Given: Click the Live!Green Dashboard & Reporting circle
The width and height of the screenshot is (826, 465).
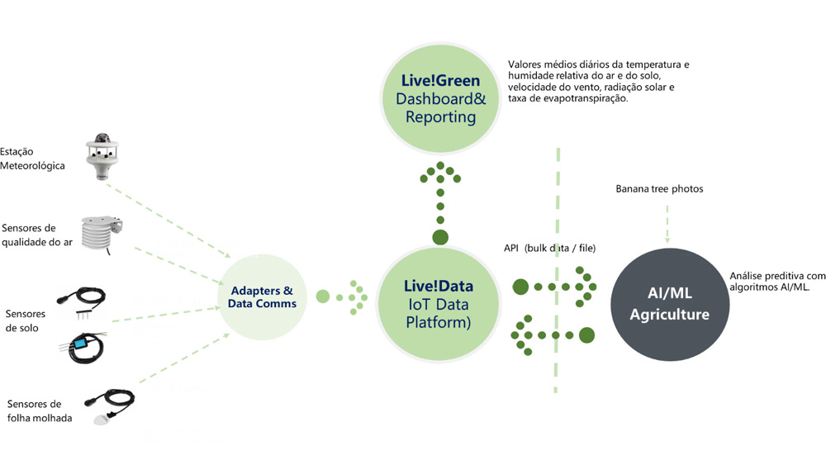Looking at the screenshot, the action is click(x=440, y=98).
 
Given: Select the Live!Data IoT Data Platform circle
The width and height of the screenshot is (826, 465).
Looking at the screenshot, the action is click(x=439, y=304).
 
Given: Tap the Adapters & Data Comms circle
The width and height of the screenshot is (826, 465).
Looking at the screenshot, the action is click(x=262, y=297).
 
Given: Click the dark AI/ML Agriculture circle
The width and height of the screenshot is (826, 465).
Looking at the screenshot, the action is click(x=670, y=305).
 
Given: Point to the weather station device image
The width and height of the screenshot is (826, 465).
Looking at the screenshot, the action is click(x=102, y=156).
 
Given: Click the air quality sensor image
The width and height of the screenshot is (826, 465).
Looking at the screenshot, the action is click(x=101, y=235).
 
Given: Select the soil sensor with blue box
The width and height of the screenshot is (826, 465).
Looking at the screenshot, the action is click(x=82, y=347).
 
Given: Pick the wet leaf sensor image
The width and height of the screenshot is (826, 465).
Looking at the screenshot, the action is click(x=111, y=406).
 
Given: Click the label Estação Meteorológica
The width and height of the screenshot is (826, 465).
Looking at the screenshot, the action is click(x=32, y=159).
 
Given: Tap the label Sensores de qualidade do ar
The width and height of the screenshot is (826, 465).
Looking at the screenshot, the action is click(x=37, y=235).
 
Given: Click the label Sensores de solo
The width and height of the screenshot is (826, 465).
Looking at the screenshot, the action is click(x=26, y=320).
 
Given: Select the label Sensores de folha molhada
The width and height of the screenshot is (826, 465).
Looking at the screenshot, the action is click(x=40, y=410).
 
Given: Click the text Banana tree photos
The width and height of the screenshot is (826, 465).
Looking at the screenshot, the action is click(x=659, y=188).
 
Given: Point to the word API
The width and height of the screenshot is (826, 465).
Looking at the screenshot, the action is click(x=511, y=248).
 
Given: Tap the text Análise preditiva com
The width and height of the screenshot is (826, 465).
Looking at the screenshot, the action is click(x=777, y=275).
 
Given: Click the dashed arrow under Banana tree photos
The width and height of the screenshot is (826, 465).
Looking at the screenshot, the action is click(x=667, y=225).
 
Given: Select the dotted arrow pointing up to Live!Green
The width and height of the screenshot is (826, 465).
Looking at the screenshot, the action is click(x=440, y=202).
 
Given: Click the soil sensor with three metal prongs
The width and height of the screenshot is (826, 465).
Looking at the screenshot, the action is click(x=82, y=302).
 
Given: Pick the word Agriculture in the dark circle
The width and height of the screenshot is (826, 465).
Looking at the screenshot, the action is click(x=670, y=315).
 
